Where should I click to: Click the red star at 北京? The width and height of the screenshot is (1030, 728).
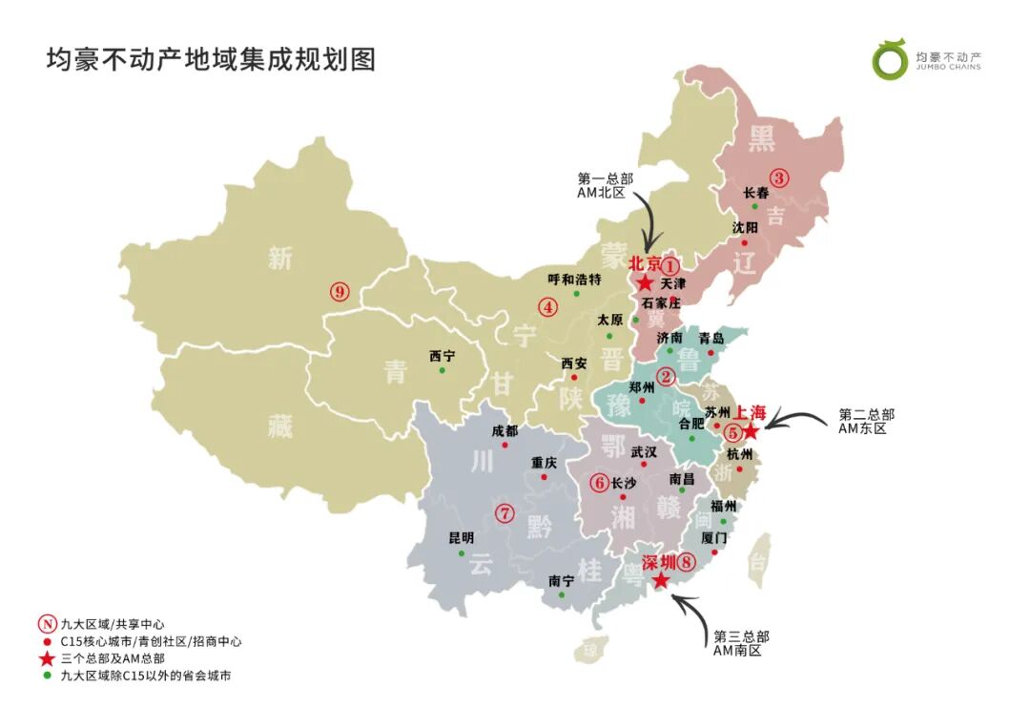[646, 283]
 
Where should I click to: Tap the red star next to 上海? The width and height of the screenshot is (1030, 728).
[751, 431]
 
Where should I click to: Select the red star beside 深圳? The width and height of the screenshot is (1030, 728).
[660, 579]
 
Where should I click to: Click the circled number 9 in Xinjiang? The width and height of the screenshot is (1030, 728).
[340, 292]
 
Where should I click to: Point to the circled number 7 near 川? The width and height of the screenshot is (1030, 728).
[505, 513]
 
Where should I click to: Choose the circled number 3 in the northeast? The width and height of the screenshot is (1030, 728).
[780, 177]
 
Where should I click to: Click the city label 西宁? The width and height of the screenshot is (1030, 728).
[442, 356]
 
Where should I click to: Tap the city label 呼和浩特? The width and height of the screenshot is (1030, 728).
[575, 280]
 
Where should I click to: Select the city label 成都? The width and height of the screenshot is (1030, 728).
[505, 430]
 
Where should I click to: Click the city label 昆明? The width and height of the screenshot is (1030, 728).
[461, 538]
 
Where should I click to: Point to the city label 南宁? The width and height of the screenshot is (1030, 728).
[562, 580]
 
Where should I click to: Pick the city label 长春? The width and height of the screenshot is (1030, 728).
[756, 192]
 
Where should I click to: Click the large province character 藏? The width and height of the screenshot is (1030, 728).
[279, 427]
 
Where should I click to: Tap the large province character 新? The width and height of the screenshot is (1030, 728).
[279, 258]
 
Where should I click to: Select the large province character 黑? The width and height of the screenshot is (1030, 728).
[761, 139]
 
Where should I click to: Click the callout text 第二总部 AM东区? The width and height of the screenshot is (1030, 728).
[866, 422]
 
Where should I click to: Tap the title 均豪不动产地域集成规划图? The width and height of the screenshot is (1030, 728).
[211, 59]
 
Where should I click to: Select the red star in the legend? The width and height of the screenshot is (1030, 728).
[45, 658]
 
